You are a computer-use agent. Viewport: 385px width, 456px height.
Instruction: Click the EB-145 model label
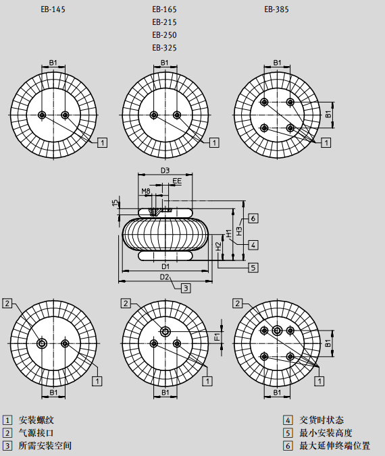[x=53, y=9]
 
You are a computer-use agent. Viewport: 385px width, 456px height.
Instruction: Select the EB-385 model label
[x=276, y=9]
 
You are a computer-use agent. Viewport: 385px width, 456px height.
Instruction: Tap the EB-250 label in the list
[x=165, y=35]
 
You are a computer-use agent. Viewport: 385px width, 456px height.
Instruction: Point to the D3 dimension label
[x=165, y=171]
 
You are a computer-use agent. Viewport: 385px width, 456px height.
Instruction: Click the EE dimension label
[x=177, y=181]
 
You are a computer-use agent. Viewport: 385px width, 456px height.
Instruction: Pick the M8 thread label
[x=146, y=191]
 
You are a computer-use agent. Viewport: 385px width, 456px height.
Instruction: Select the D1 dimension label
[x=165, y=266]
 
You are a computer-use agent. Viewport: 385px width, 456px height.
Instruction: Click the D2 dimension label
[x=165, y=277]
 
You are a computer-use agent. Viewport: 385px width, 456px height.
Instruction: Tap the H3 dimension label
[x=239, y=231]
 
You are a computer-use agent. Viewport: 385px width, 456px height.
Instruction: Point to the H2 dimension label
[x=218, y=247]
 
